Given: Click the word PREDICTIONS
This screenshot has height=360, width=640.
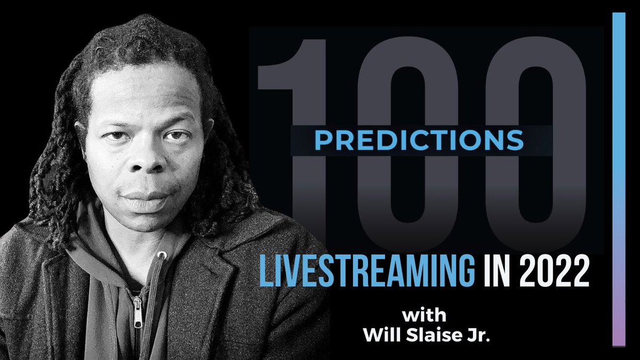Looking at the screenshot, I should pyautogui.click(x=418, y=140).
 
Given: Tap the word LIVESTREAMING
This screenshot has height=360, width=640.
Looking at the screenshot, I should pyautogui.click(x=366, y=273).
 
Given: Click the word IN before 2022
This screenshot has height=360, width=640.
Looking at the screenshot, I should pyautogui.click(x=498, y=273).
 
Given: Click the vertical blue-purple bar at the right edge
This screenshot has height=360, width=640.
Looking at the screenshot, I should pyautogui.click(x=618, y=160).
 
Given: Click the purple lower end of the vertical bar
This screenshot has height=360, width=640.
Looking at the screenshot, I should pyautogui.click(x=618, y=331).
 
